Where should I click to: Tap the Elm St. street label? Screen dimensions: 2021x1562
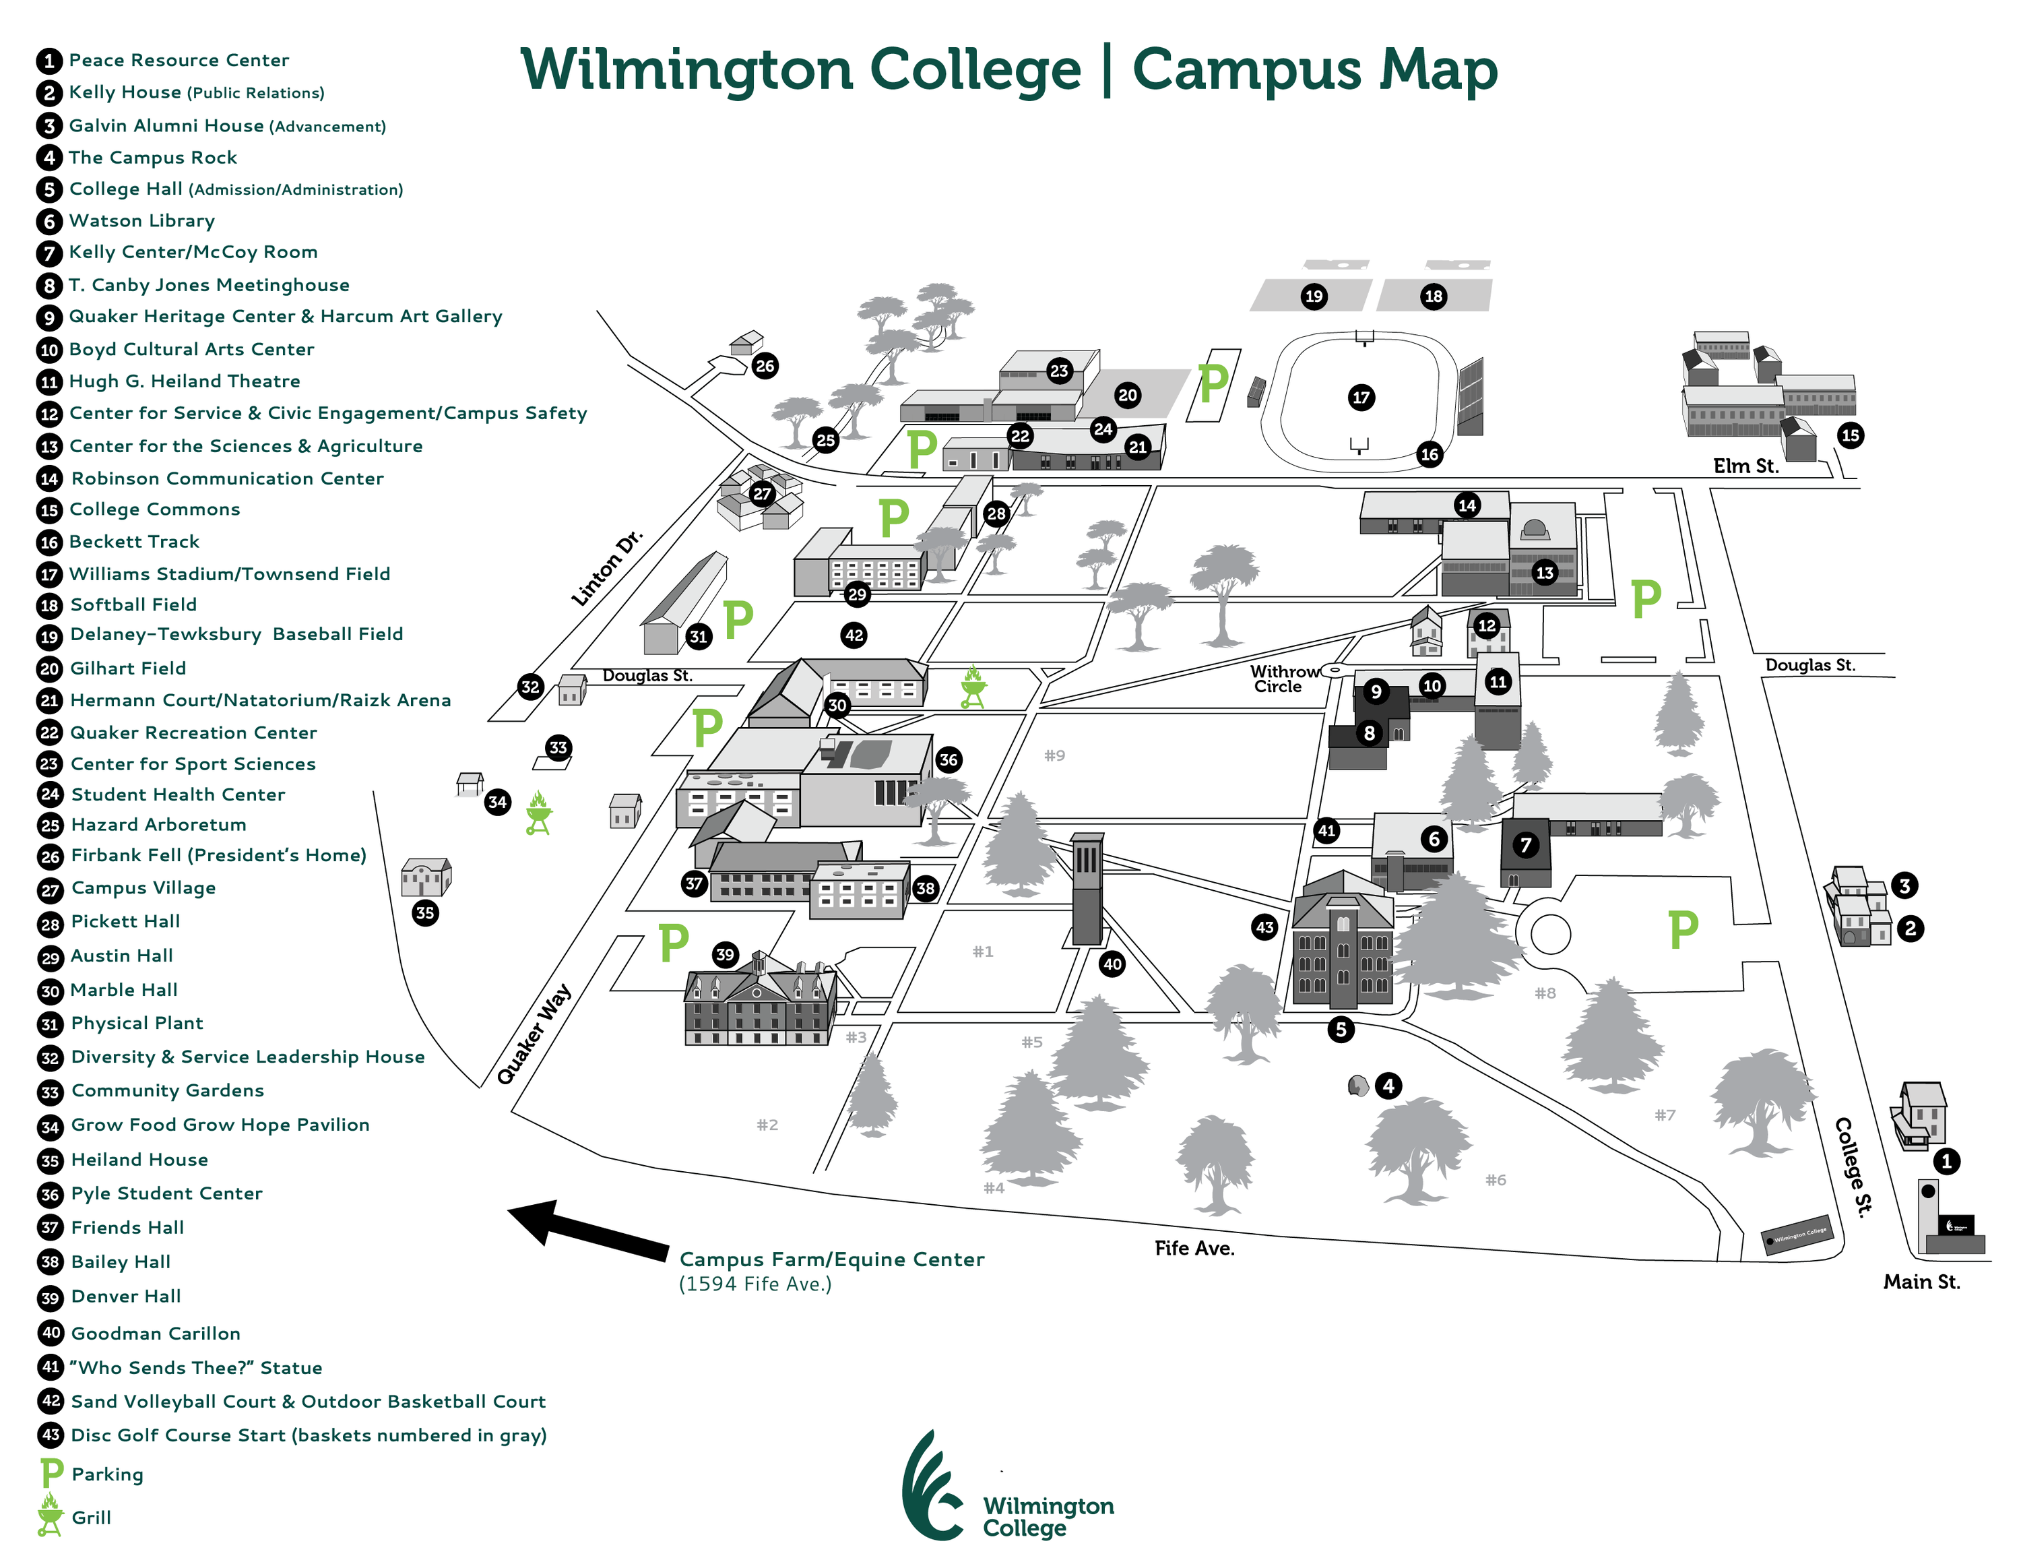coord(1745,466)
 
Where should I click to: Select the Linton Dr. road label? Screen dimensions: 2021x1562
coord(607,568)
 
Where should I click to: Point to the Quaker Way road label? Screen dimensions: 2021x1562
coord(534,1034)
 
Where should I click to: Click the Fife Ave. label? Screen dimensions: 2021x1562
coord(1194,1248)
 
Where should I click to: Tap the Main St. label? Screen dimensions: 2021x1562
coord(1922,1282)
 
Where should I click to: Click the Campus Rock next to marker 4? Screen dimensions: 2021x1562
coord(1357,1086)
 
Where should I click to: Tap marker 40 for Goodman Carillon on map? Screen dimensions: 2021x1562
coord(1112,964)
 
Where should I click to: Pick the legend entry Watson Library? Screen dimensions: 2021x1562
coord(141,221)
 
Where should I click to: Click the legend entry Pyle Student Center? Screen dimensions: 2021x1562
coord(166,1193)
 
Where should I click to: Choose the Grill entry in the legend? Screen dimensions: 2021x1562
coord(91,1518)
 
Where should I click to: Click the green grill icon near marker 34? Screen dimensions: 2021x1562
coord(538,814)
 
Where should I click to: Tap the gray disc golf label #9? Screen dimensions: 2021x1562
coord(1055,755)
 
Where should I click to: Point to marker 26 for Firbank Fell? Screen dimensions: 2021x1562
coord(765,365)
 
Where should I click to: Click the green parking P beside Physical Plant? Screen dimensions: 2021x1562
coord(738,619)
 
